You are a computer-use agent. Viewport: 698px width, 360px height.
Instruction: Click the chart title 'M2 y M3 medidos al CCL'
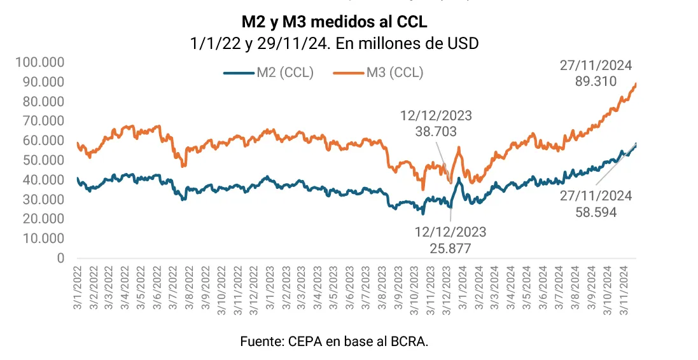point(334,22)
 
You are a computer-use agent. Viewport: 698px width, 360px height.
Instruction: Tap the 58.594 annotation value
point(596,212)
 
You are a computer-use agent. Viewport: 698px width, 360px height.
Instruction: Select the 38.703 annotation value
point(436,132)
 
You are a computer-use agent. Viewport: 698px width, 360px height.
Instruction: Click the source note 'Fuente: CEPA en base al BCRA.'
point(334,342)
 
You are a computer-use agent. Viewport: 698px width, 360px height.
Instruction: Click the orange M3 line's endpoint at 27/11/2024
point(636,84)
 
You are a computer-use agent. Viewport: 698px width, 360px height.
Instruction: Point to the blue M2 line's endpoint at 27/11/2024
point(636,144)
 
